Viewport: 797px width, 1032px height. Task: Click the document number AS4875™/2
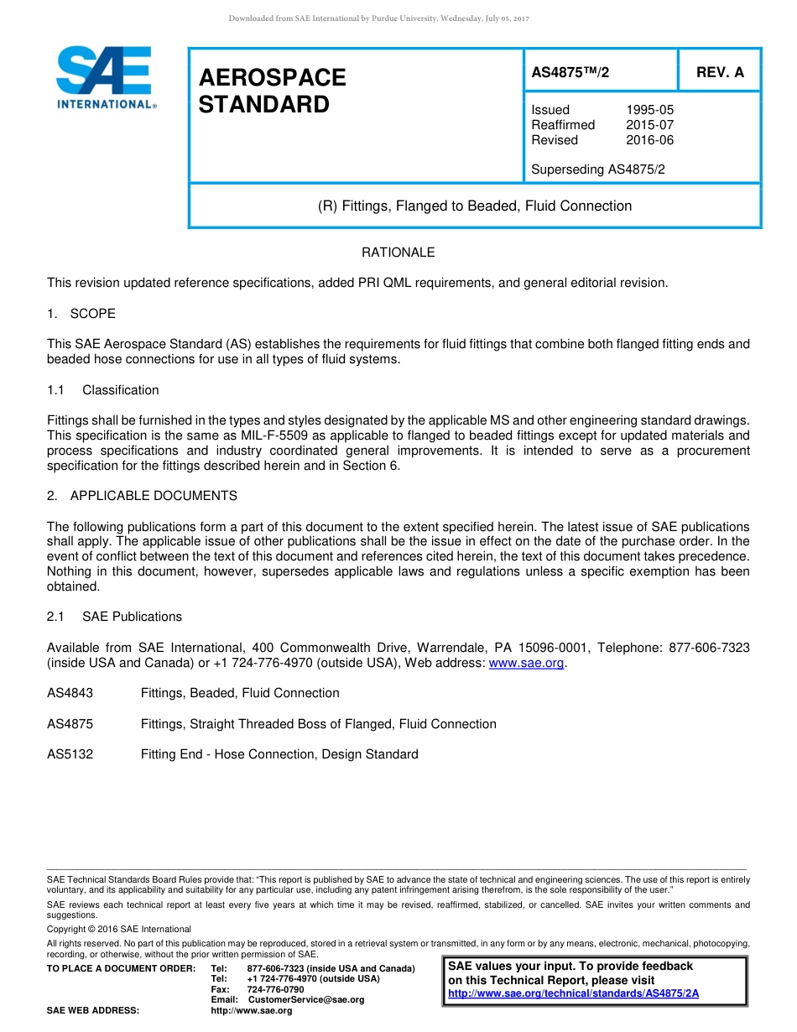point(570,73)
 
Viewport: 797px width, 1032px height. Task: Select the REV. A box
point(719,73)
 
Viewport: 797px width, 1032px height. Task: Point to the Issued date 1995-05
point(649,110)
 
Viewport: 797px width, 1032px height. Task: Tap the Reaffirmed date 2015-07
point(649,125)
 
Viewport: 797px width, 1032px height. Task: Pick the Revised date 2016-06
point(649,140)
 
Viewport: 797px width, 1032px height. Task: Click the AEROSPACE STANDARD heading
point(272,91)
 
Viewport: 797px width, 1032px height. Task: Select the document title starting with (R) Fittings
point(475,206)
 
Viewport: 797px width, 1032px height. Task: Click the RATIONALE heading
point(398,253)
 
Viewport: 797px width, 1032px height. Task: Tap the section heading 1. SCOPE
point(81,314)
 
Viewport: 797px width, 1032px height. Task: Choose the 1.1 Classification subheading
point(103,390)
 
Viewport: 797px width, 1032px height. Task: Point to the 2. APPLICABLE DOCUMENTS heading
point(142,496)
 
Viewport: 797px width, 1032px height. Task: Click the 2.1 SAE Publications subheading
point(114,617)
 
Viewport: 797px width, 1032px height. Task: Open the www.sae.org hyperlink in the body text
point(527,663)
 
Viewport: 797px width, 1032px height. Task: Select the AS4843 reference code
point(70,693)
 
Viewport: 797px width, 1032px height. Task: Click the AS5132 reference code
point(70,754)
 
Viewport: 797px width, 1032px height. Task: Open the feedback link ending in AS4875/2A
point(573,993)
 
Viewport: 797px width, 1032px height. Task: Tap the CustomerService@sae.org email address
point(306,1000)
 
